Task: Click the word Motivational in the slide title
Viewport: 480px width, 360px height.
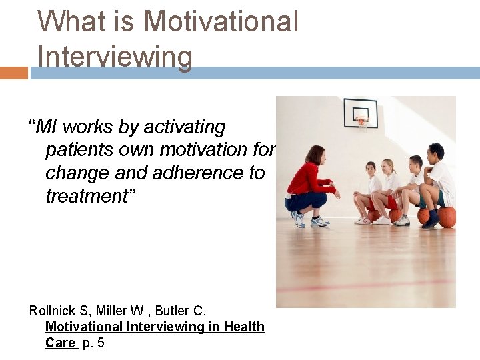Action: point(221,21)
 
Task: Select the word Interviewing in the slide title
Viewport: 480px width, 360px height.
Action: point(115,57)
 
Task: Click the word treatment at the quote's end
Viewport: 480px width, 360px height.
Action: point(86,196)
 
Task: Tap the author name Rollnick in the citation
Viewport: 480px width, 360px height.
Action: point(51,310)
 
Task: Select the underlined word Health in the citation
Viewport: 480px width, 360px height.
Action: point(245,327)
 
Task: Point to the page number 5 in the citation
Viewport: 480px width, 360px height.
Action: point(101,343)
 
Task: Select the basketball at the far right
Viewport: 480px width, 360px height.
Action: point(447,217)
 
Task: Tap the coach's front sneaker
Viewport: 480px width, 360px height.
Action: point(320,221)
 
